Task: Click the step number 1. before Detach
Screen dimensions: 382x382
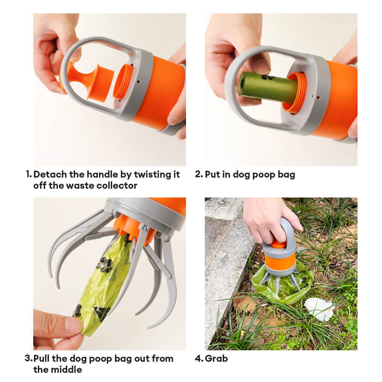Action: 29,174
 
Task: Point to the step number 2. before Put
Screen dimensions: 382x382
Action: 199,174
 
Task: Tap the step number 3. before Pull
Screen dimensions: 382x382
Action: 29,358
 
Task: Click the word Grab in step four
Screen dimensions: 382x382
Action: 216,358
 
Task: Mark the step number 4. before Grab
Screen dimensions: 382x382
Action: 199,358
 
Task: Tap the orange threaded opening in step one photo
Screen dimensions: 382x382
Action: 123,82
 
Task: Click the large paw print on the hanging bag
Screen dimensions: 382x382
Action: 105,265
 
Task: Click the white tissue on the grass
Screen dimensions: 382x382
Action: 319,309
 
